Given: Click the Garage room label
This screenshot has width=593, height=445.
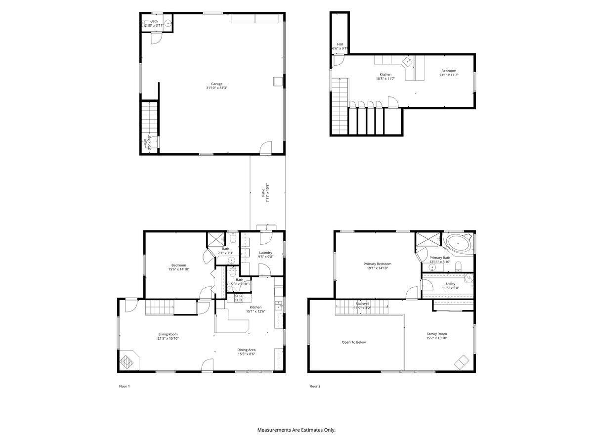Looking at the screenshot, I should pos(216,84).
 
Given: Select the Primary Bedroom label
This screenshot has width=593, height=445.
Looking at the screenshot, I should pos(377,264).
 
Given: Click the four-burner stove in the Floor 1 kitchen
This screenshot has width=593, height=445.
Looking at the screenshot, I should pos(238,298).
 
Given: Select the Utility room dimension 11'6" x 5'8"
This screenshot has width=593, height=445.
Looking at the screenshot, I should pos(450,288).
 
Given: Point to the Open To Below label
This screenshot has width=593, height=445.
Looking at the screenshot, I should pos(354,342).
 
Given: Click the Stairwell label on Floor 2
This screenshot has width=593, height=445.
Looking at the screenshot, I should pos(362,304).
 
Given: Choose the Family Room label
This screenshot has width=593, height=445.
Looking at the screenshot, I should pos(436,334).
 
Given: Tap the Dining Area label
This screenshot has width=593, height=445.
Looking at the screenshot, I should pos(246,350).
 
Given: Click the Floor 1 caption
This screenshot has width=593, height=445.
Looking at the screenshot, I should pos(124,386).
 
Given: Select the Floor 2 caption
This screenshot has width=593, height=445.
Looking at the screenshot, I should pos(315,386).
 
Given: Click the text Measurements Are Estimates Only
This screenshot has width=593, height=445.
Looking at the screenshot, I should pos(296,430).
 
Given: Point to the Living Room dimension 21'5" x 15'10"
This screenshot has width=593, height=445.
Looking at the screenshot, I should pos(168,339).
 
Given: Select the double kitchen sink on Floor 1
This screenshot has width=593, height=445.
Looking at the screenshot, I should pos(279,305).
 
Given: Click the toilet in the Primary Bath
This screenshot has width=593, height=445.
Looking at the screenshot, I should pos(458,267).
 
